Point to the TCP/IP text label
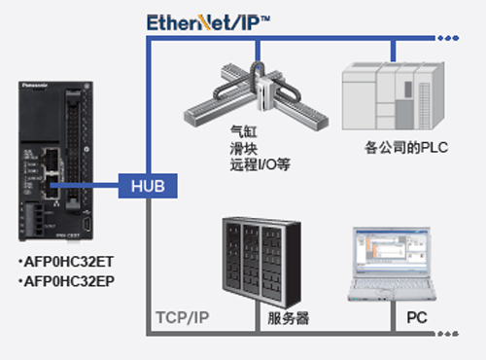pos(183,316)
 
